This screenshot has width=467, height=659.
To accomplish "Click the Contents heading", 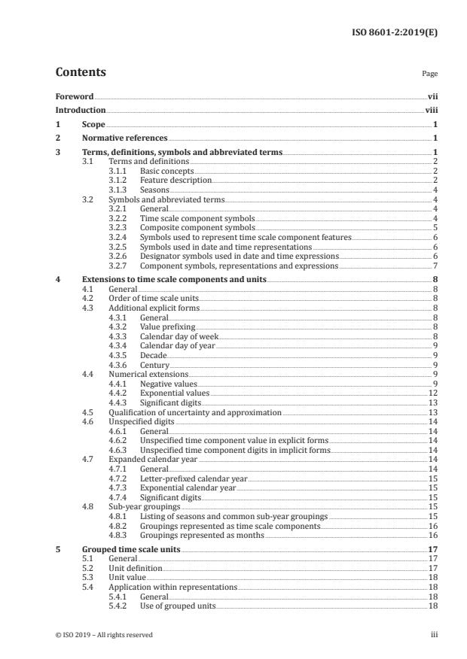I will coord(81,73).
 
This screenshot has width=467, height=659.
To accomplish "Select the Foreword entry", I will coord(75,97).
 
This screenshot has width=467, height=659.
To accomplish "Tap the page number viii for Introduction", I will coord(432,110).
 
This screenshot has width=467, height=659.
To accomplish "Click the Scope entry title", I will coord(93,124).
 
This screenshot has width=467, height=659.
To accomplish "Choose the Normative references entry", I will coord(124,138).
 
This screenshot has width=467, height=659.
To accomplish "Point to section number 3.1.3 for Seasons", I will coord(119,190).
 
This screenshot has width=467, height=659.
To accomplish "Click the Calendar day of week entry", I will coord(177,336).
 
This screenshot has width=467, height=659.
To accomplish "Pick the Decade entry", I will coord(153,355).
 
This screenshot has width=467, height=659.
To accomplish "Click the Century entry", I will coord(154,365).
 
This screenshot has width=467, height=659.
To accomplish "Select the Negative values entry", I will coord(169,384).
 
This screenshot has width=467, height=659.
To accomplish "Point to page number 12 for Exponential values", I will coord(433,393).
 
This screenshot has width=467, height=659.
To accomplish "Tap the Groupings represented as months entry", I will coord(202,535).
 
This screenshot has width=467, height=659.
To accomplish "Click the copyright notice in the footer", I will coord(104,635).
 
